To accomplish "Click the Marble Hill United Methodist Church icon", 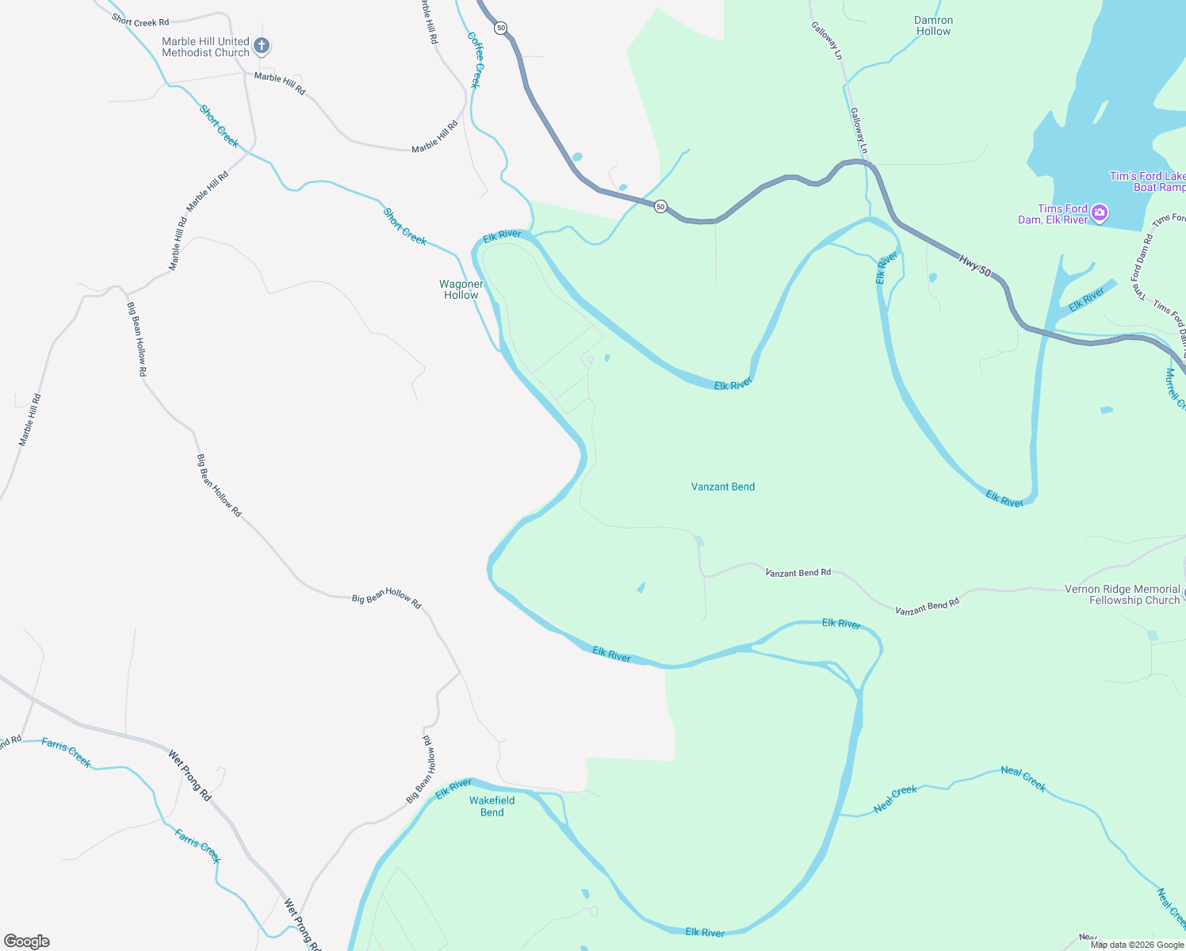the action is [x=262, y=47].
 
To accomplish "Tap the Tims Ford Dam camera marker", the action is [x=1099, y=212].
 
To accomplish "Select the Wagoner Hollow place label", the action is [x=461, y=289].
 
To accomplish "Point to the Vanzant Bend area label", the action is [x=723, y=487].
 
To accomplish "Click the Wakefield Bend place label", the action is [x=492, y=806].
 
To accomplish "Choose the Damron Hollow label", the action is [x=933, y=26].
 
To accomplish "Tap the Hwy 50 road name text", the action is [x=974, y=265].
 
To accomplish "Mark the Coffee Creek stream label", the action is [x=474, y=60].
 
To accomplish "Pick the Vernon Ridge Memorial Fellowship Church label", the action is [x=1122, y=594].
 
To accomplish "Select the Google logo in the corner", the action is [x=27, y=941].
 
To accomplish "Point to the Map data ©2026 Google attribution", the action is [x=1137, y=944].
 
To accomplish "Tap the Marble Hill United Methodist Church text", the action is [x=205, y=47].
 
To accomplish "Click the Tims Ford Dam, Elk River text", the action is [x=1053, y=214].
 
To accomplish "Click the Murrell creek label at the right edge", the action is [x=1174, y=388].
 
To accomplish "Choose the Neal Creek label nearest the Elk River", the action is [x=895, y=799].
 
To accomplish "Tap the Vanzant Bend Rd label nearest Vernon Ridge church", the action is [x=927, y=607].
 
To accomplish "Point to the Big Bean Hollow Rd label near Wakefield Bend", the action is [x=421, y=770].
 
